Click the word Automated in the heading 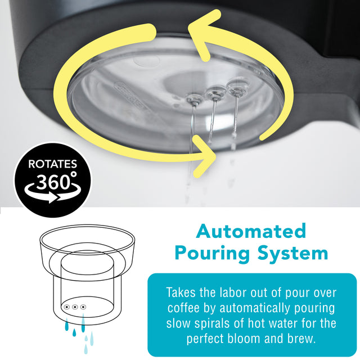(x=251, y=231)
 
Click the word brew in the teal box (x=305, y=339)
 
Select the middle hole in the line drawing (x=75, y=307)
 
